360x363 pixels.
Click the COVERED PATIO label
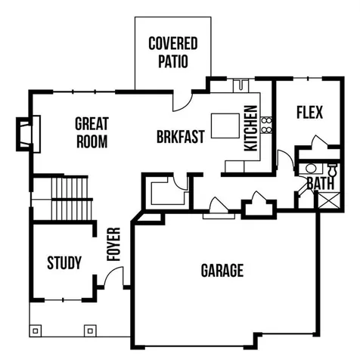click(x=172, y=51)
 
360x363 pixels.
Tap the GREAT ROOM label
click(x=92, y=132)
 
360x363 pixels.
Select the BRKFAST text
click(x=181, y=138)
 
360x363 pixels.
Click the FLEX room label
click(x=309, y=113)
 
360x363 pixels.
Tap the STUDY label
click(x=64, y=263)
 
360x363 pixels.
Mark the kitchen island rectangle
click(x=225, y=126)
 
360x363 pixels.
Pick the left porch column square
click(x=36, y=330)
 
